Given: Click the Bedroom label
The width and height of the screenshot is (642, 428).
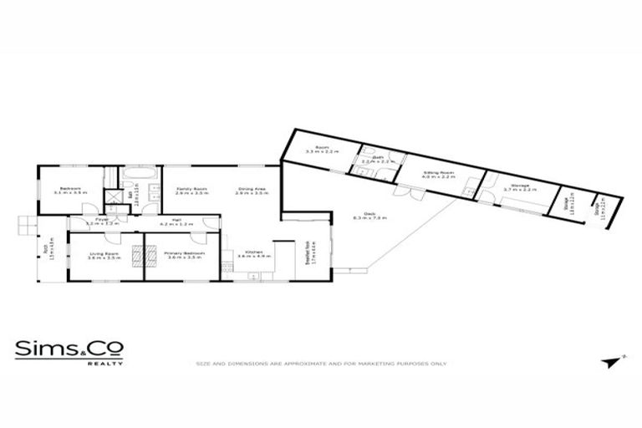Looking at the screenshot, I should click(x=66, y=189).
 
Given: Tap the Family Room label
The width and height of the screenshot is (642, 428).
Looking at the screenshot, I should click(x=191, y=189).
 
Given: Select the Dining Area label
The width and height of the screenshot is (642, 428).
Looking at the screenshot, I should click(x=252, y=189).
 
